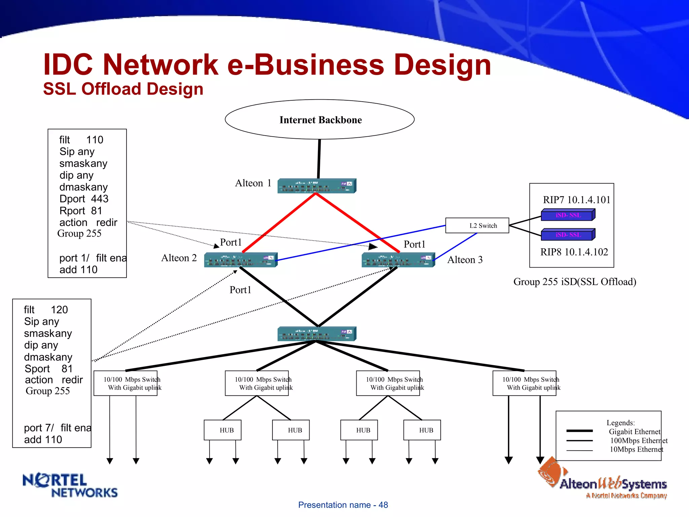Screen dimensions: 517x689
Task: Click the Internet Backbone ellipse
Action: tap(320, 119)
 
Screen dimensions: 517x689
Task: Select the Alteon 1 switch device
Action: tap(316, 186)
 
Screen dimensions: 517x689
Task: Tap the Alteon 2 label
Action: tap(179, 258)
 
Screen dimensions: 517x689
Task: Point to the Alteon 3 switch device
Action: tap(398, 260)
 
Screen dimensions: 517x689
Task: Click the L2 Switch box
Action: tap(477, 226)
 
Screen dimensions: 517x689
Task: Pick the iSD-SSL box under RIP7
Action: tap(568, 215)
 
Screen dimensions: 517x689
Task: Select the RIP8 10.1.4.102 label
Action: tap(574, 252)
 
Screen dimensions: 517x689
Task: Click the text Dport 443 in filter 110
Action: tap(84, 199)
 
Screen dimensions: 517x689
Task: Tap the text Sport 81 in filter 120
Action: tap(48, 369)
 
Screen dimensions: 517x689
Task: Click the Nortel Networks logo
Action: tap(70, 485)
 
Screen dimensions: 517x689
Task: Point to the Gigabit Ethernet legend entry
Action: tap(634, 432)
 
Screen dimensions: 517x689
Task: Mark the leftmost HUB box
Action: tap(222, 430)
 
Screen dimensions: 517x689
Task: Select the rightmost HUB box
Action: tap(422, 430)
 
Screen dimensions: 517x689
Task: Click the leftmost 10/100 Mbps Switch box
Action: tap(125, 383)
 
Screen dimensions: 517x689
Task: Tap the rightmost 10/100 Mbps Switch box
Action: tap(524, 383)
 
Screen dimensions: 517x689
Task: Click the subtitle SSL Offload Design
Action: tap(123, 89)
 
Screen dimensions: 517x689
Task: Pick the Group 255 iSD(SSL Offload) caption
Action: tap(575, 282)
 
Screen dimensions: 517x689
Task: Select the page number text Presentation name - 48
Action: tap(343, 505)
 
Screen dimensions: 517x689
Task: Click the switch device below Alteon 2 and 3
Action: tap(316, 334)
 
